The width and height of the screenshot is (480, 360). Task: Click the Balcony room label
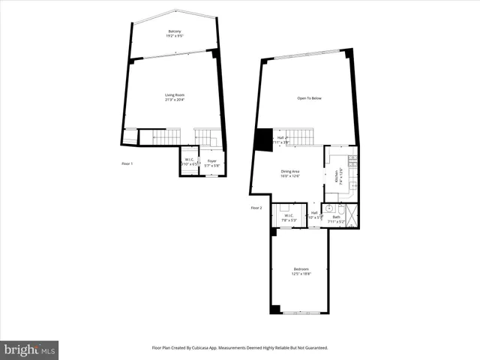point(175,33)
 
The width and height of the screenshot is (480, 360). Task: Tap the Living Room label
point(175,95)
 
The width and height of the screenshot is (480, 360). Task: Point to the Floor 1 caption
point(127,163)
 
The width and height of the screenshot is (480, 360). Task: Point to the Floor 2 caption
point(256,208)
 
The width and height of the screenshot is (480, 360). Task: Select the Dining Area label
point(291,172)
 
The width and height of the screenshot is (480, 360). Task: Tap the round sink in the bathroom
point(328,208)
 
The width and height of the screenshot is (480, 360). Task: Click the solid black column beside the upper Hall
point(263,139)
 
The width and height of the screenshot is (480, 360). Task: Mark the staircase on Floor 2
point(299,136)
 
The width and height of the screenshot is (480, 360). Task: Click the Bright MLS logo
point(30,349)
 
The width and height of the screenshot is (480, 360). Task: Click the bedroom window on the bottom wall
point(301,313)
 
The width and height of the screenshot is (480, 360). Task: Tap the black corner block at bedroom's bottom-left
point(275,309)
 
